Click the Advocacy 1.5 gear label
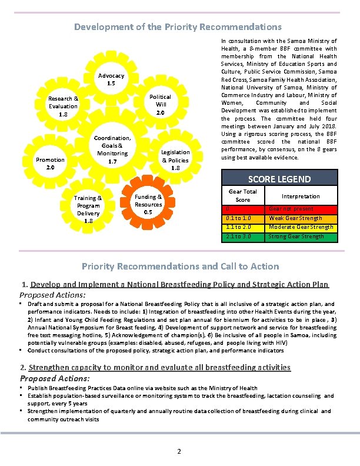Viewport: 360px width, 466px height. pos(111,79)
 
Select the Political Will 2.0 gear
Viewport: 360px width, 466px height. pos(160,104)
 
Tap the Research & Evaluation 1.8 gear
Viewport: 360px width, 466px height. pos(63,106)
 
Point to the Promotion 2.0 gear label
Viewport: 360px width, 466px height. pos(50,163)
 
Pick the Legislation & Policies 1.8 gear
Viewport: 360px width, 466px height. pos(175,160)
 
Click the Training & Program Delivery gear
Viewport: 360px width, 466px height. pos(88,209)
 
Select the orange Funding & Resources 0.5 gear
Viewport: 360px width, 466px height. pos(148,204)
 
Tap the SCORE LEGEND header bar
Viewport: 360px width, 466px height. pos(279,178)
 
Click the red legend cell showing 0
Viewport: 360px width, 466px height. pos(243,209)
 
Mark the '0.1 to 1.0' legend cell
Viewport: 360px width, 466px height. pos(243,218)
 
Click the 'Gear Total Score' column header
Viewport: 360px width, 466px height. pos(243,195)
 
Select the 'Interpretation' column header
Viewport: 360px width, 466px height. pos(301,196)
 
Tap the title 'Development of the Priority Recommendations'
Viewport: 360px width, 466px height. pos(178,27)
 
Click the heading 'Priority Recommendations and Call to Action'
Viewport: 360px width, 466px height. pos(180,266)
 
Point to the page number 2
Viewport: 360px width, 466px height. pos(179,451)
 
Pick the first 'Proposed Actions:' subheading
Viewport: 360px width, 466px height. pos(53,294)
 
